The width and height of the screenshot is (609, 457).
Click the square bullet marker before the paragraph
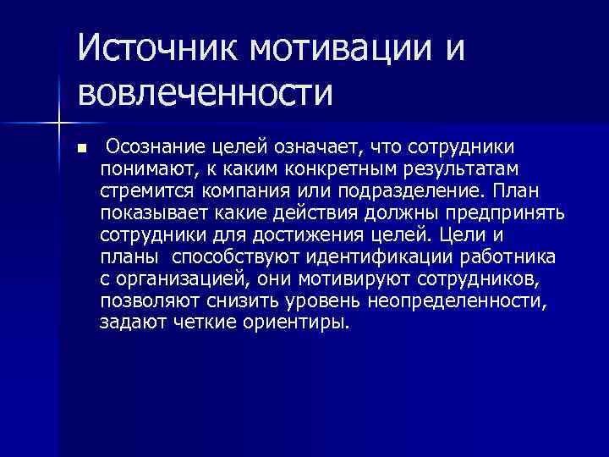81,148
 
